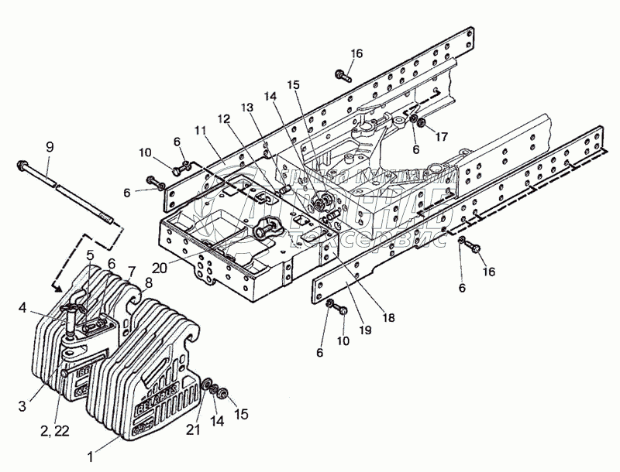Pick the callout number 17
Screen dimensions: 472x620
(x=441, y=136)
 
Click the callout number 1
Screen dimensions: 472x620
(x=91, y=457)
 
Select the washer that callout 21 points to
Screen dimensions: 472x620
(x=209, y=385)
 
